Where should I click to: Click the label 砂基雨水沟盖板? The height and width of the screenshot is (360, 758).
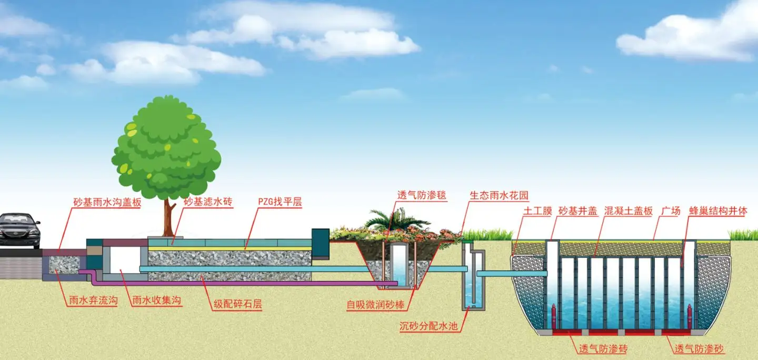pyautogui.click(x=107, y=202)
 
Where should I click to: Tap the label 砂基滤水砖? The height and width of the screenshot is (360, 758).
pyautogui.click(x=208, y=202)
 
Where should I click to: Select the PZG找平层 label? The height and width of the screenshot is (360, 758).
pyautogui.click(x=280, y=202)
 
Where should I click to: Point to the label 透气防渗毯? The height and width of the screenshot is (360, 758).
pyautogui.click(x=421, y=195)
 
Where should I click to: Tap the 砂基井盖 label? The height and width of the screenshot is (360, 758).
pyautogui.click(x=577, y=211)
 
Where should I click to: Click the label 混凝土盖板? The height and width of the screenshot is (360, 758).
pyautogui.click(x=629, y=211)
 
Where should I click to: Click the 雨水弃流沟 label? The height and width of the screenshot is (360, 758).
pyautogui.click(x=93, y=301)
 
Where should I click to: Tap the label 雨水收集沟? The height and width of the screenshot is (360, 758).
pyautogui.click(x=157, y=301)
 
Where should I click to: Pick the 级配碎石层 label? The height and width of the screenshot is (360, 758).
pyautogui.click(x=237, y=304)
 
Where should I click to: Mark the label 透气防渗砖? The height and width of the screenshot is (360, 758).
pyautogui.click(x=603, y=348)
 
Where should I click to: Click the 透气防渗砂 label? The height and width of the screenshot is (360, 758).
pyautogui.click(x=700, y=348)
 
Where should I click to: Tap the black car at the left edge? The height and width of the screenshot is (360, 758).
pyautogui.click(x=19, y=229)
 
